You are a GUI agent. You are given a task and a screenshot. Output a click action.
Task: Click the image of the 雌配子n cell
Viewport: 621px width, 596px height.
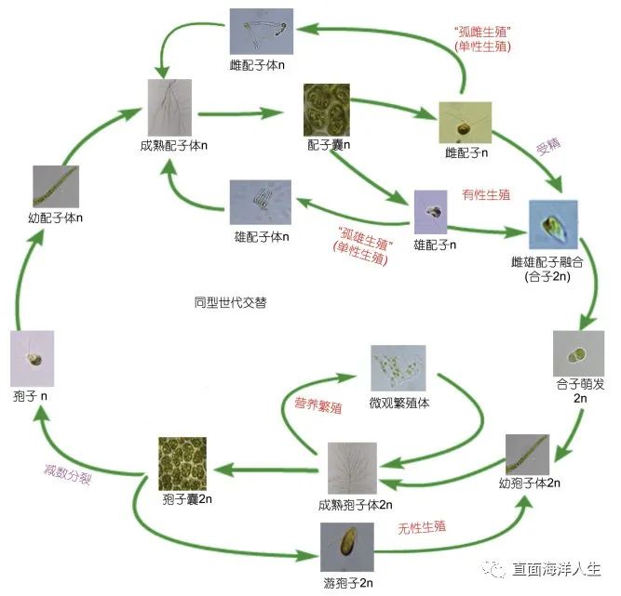(465, 122)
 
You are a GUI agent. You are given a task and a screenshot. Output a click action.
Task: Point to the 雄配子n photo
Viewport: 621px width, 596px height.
(433, 213)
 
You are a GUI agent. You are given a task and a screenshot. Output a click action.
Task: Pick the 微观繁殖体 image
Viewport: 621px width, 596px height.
(398, 369)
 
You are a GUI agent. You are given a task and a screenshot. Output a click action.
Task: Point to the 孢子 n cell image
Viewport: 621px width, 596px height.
(33, 353)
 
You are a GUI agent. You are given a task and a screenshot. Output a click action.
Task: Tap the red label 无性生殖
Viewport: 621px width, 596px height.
(420, 527)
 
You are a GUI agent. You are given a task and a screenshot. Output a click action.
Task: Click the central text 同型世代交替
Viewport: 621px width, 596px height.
(230, 303)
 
